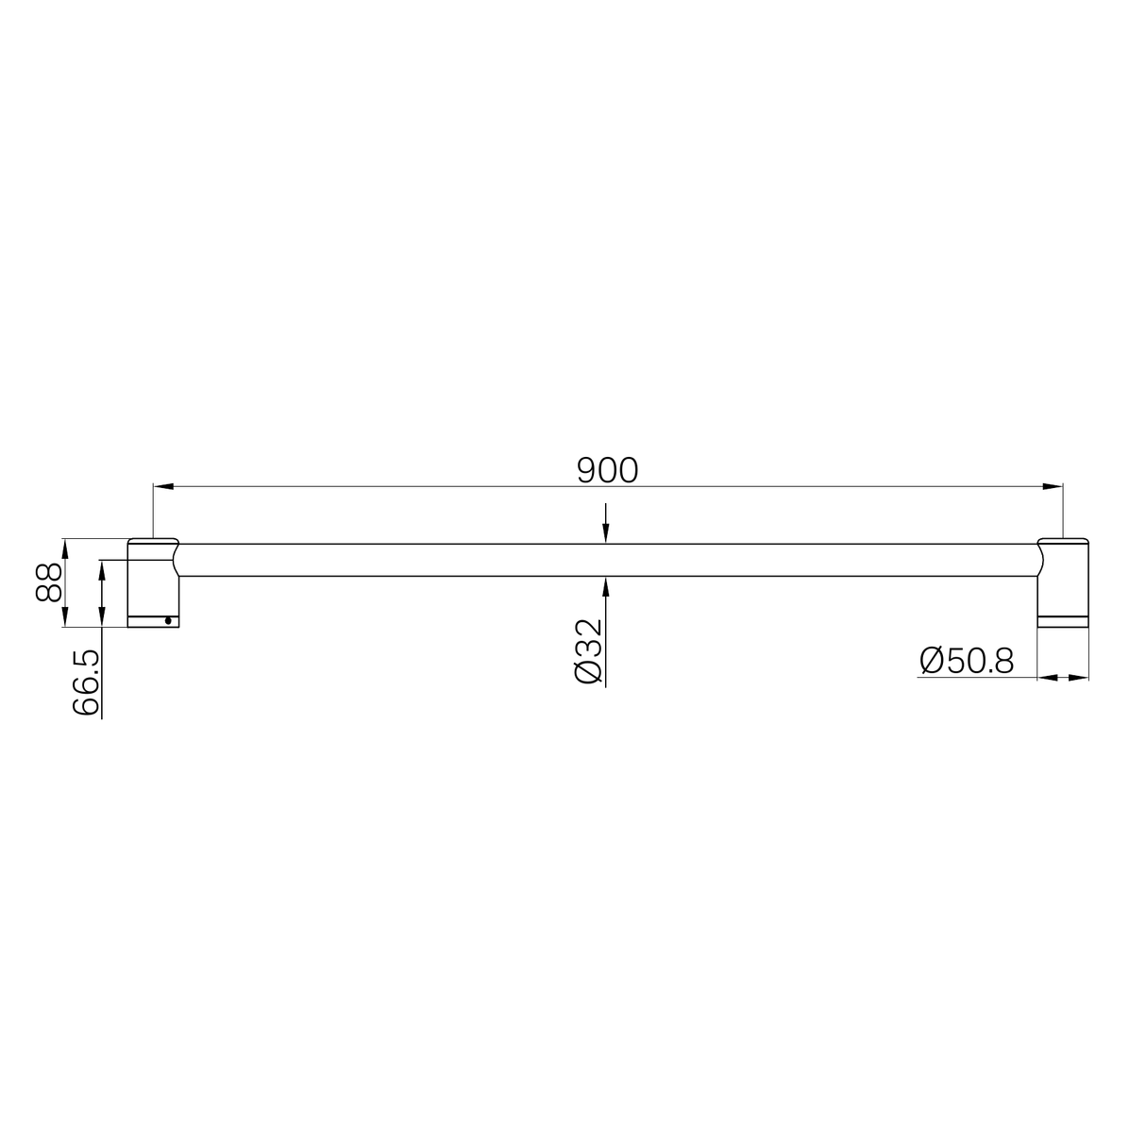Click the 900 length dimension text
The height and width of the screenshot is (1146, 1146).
[607, 469]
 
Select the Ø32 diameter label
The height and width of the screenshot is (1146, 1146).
[587, 651]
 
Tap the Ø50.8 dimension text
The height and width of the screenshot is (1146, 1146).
[966, 661]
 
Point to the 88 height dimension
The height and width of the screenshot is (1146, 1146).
[48, 581]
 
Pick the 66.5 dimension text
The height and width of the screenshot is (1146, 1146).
[85, 683]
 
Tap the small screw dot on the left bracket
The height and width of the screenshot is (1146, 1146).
[167, 620]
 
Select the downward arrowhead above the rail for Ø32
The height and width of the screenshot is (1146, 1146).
[606, 535]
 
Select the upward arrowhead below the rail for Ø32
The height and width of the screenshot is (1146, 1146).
[606, 585]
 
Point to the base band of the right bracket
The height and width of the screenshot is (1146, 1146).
[1064, 620]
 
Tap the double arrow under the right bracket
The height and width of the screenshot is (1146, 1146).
[1064, 677]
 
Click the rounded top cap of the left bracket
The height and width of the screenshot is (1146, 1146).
[152, 542]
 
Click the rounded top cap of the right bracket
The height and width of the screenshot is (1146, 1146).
[1064, 542]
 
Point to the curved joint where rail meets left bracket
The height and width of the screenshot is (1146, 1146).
[177, 559]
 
